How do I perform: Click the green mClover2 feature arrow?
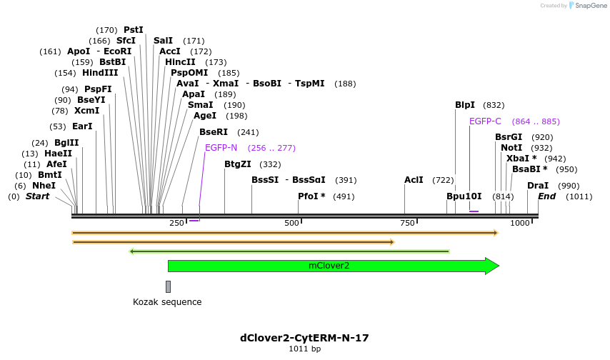(333, 266)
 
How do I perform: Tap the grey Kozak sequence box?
(168, 286)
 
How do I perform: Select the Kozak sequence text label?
(167, 302)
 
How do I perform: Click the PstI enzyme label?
(134, 30)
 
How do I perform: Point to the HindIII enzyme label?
(100, 73)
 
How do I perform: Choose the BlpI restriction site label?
(465, 105)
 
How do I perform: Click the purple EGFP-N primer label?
(221, 148)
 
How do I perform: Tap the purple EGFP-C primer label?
(485, 121)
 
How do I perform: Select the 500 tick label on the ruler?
(291, 224)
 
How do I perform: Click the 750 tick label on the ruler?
(407, 224)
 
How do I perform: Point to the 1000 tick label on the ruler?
(519, 224)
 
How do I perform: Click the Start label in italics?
(38, 196)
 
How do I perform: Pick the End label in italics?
(546, 196)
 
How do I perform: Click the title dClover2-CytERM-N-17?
(304, 338)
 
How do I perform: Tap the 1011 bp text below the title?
(304, 349)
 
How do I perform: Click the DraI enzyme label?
(538, 186)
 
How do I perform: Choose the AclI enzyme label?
(414, 180)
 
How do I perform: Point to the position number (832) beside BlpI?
(494, 105)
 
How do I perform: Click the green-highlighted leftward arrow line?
(289, 251)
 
